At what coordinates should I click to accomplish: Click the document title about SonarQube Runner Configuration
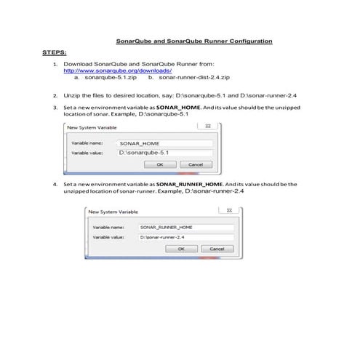194,41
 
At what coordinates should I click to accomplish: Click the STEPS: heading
56,52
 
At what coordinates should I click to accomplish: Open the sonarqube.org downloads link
118,71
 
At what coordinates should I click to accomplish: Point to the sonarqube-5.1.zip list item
111,77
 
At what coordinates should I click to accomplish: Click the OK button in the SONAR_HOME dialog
160,164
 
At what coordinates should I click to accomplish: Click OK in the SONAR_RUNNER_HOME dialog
181,249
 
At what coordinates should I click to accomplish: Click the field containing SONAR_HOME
165,143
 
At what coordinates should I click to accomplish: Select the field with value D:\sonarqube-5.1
165,153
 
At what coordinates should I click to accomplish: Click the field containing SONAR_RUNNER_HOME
186,228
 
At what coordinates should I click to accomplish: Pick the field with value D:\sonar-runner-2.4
186,237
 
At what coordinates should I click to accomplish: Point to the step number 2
56,95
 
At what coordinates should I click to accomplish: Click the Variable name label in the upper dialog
86,143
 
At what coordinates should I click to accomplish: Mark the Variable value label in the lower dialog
108,237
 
